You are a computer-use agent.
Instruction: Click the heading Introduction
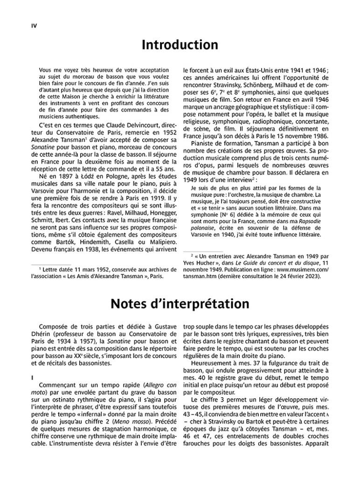click(180, 45)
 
